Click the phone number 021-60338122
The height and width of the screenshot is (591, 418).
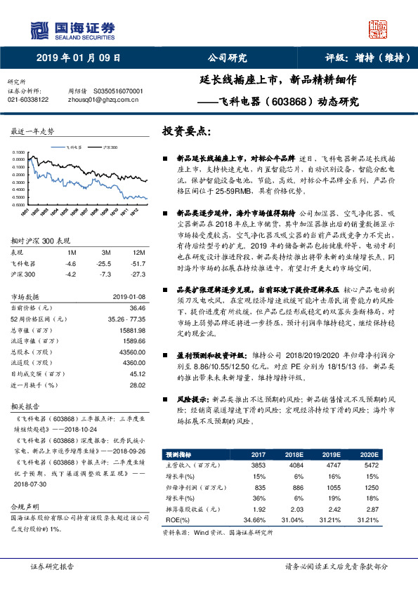(x=28, y=100)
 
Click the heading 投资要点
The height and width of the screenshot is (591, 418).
(x=185, y=131)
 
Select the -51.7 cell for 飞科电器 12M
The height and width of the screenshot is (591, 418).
(x=138, y=243)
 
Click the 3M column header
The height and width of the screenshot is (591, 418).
(x=105, y=233)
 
